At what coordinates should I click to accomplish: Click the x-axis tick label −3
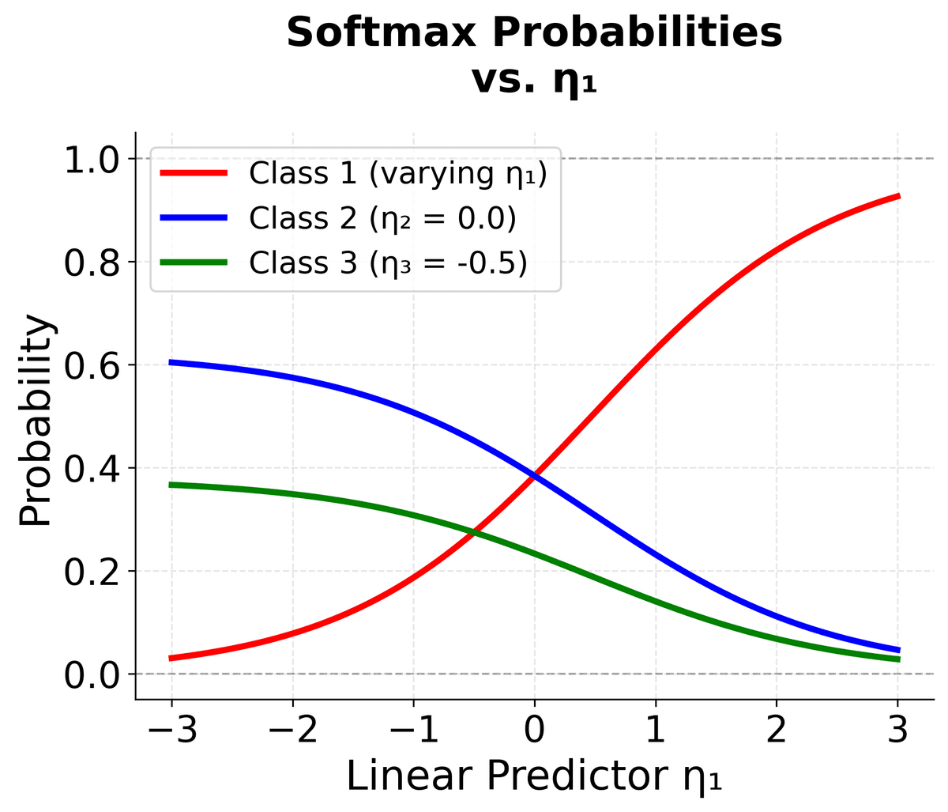click(171, 729)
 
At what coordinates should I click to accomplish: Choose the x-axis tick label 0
click(535, 729)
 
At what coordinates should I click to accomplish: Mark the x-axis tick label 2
click(777, 729)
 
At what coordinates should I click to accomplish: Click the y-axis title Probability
click(36, 421)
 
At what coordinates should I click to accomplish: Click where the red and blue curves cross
click(535, 476)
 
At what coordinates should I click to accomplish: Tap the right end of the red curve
click(898, 195)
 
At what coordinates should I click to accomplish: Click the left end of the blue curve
click(171, 362)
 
